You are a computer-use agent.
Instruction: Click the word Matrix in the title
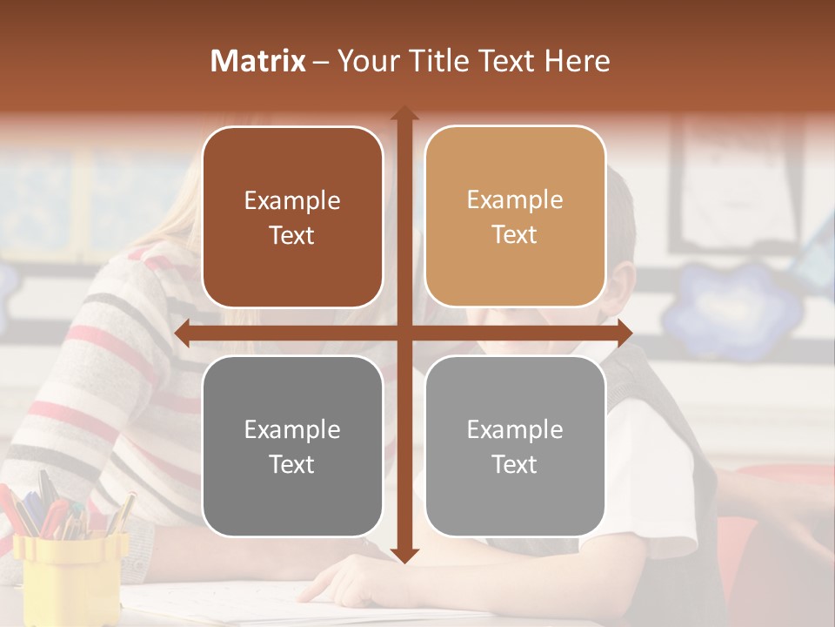click(x=258, y=60)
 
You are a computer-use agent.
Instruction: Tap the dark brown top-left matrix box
click(x=292, y=217)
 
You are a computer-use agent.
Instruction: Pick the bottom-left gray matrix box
click(x=292, y=446)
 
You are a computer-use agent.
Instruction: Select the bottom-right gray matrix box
click(x=515, y=446)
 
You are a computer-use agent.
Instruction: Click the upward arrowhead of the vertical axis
click(x=404, y=114)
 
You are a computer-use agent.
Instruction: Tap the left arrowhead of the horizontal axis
click(x=182, y=333)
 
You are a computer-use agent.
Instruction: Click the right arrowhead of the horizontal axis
click(x=625, y=333)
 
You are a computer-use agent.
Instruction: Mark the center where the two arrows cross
click(x=404, y=333)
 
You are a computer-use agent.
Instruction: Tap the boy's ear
click(x=619, y=287)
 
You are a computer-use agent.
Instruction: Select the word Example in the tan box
click(x=515, y=199)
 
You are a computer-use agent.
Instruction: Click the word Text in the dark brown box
click(x=292, y=235)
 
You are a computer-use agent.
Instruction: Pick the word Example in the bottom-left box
click(x=292, y=429)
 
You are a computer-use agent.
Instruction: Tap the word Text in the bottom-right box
click(x=515, y=464)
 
